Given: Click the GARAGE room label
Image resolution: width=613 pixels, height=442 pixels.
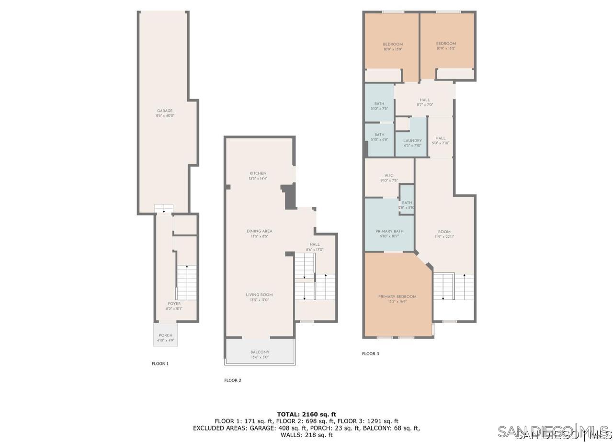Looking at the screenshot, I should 165,111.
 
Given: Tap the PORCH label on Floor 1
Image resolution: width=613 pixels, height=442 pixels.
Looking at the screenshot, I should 166,335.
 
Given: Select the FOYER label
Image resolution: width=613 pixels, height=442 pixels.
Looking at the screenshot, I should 174,304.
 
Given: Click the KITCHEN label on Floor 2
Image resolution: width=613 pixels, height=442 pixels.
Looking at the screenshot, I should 258,173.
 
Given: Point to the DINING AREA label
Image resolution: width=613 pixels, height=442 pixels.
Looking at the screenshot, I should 260,231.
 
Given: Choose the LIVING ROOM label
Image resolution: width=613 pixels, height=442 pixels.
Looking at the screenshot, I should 260,295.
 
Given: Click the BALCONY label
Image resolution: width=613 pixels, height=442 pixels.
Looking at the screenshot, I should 260,352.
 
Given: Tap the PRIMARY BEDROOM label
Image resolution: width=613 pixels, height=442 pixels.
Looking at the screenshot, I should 397,297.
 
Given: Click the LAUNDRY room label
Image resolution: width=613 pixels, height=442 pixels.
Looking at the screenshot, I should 412,141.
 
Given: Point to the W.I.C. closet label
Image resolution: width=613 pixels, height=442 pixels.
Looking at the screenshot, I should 389,175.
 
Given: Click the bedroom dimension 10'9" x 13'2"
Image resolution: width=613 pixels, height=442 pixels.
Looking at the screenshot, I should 446,48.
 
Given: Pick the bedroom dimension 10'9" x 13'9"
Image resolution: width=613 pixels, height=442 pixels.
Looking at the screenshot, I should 393,49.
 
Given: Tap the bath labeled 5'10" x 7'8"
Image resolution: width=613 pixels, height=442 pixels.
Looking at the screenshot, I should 379,109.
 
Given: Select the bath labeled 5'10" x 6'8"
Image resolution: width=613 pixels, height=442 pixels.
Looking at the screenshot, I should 379,139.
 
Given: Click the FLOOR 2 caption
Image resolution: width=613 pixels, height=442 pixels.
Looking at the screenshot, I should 233,381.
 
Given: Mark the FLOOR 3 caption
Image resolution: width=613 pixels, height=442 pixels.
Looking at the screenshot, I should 370,354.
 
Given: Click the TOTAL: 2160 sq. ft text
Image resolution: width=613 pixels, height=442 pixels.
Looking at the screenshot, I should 306,414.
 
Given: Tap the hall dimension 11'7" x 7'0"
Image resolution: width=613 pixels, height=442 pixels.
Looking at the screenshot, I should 424,105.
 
